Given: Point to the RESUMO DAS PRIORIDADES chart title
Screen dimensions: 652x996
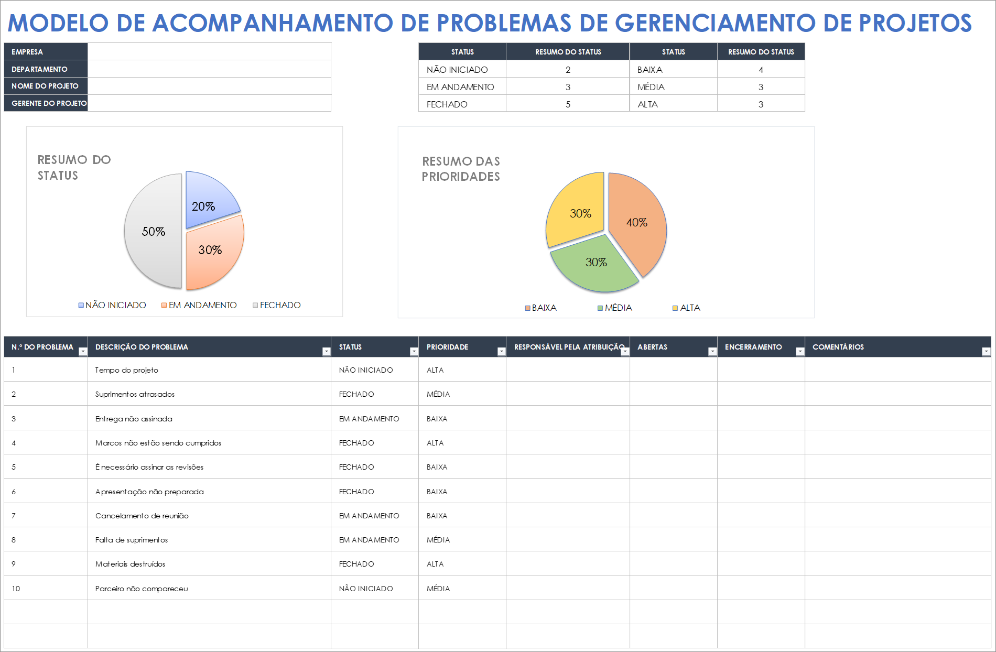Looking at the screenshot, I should coord(461,169).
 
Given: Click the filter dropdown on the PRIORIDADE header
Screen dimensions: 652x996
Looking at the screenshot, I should coord(501,352).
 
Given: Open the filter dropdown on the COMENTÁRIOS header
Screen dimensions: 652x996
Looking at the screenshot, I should coord(986,352).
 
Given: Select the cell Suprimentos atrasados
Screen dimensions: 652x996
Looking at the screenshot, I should coord(135,394).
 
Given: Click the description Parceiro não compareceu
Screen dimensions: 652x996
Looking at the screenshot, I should coord(142,589).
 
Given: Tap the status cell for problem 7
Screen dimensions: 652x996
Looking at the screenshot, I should coord(369,516).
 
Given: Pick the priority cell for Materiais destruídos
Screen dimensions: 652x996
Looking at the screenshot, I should coord(435,564).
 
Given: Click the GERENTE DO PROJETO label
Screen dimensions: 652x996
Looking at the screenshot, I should coord(49,103).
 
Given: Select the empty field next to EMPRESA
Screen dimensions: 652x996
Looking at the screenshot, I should coord(209,52).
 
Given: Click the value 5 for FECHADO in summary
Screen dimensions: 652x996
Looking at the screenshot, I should coord(568,104).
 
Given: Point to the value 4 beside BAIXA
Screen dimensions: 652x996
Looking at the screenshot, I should coord(761,70).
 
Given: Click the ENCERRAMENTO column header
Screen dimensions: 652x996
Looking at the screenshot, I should coord(753,347).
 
